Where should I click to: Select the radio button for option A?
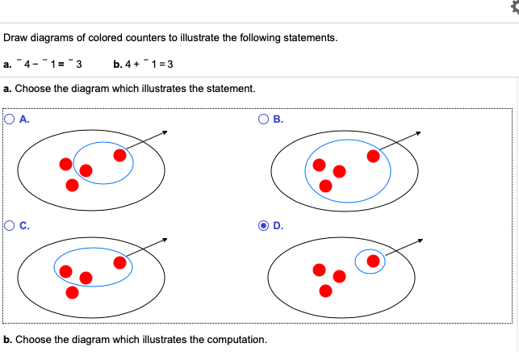coord(10,119)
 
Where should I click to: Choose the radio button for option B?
coord(263,119)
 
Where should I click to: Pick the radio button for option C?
coord(10,226)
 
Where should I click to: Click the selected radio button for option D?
coord(263,226)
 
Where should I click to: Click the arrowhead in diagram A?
coord(165,132)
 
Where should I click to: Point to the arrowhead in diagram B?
coord(418,133)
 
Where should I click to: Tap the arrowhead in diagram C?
coord(165,240)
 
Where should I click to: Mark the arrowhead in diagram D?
coord(421,241)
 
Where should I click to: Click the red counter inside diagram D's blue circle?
coord(373,261)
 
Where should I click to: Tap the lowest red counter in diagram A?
coord(72,186)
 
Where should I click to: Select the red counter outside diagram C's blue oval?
coord(72,292)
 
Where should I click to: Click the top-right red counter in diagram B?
coord(373,156)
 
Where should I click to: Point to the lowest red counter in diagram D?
coord(326,291)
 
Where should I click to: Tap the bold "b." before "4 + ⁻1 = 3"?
coord(118,65)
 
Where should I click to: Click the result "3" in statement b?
coord(170,65)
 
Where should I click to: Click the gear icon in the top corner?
coord(515,7)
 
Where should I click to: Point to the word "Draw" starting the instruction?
coord(15,38)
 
